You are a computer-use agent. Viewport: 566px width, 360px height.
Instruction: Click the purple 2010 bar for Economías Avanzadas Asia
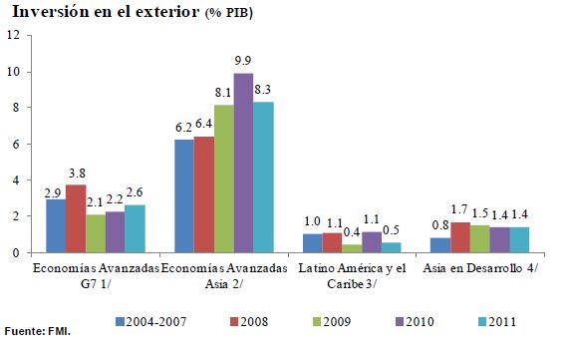click(x=243, y=163)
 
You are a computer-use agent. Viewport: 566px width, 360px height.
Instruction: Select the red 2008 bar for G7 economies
click(x=76, y=218)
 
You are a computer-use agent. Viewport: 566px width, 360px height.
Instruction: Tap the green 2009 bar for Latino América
click(x=352, y=248)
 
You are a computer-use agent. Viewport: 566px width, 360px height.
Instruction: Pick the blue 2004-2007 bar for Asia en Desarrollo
click(x=440, y=245)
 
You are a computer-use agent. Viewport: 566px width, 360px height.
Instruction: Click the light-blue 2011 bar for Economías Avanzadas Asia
click(x=263, y=178)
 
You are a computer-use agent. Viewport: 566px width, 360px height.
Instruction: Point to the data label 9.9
click(x=242, y=60)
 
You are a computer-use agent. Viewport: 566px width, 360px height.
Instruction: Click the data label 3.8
click(x=77, y=174)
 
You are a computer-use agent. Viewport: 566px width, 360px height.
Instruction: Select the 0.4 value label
click(x=352, y=233)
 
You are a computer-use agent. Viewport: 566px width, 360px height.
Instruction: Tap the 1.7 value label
click(x=459, y=209)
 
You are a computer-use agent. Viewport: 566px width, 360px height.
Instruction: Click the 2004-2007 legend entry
click(x=150, y=321)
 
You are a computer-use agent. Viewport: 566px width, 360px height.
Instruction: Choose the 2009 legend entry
click(x=332, y=321)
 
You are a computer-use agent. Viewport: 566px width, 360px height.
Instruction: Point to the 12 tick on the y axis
click(x=13, y=35)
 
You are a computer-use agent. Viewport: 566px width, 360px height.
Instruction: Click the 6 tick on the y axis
click(x=16, y=144)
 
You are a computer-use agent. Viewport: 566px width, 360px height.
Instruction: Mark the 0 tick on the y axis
click(x=16, y=252)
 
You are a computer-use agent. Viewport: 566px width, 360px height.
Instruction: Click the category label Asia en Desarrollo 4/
click(x=479, y=268)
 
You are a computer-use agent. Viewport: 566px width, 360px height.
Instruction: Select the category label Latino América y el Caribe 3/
click(x=352, y=276)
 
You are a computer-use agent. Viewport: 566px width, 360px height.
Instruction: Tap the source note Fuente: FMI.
click(x=38, y=331)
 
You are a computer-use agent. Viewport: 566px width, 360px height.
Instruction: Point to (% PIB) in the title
click(x=229, y=13)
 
